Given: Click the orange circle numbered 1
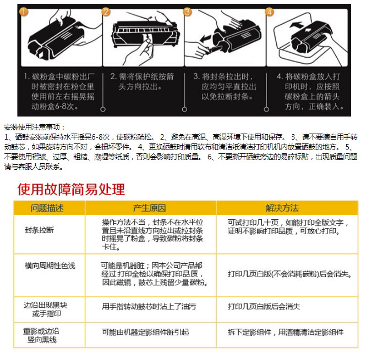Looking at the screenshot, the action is (24, 12).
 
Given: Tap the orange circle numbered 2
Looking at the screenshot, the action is (106, 12).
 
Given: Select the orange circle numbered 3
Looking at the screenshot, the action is (188, 12).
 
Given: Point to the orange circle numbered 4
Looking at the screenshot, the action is (270, 12).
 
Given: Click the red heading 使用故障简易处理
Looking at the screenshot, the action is (71, 189).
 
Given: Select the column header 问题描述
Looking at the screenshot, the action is (47, 208).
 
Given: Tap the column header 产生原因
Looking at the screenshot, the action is (149, 208).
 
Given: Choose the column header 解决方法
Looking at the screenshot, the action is (282, 208).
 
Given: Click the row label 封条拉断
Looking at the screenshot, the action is (40, 230).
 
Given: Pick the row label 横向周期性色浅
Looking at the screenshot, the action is (50, 265).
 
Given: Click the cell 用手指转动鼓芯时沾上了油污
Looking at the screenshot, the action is (149, 307).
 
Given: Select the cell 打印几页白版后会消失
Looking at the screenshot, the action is (264, 307).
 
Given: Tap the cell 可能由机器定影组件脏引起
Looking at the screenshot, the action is (145, 333).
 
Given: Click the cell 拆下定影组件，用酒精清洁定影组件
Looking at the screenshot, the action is (286, 333).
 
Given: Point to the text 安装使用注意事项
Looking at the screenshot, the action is (32, 128).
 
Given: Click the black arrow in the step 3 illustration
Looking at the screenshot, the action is (205, 38).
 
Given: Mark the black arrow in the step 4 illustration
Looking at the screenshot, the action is (297, 24).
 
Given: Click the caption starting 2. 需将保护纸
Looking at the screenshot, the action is (142, 81).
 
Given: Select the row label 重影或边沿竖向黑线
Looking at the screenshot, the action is (41, 336).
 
